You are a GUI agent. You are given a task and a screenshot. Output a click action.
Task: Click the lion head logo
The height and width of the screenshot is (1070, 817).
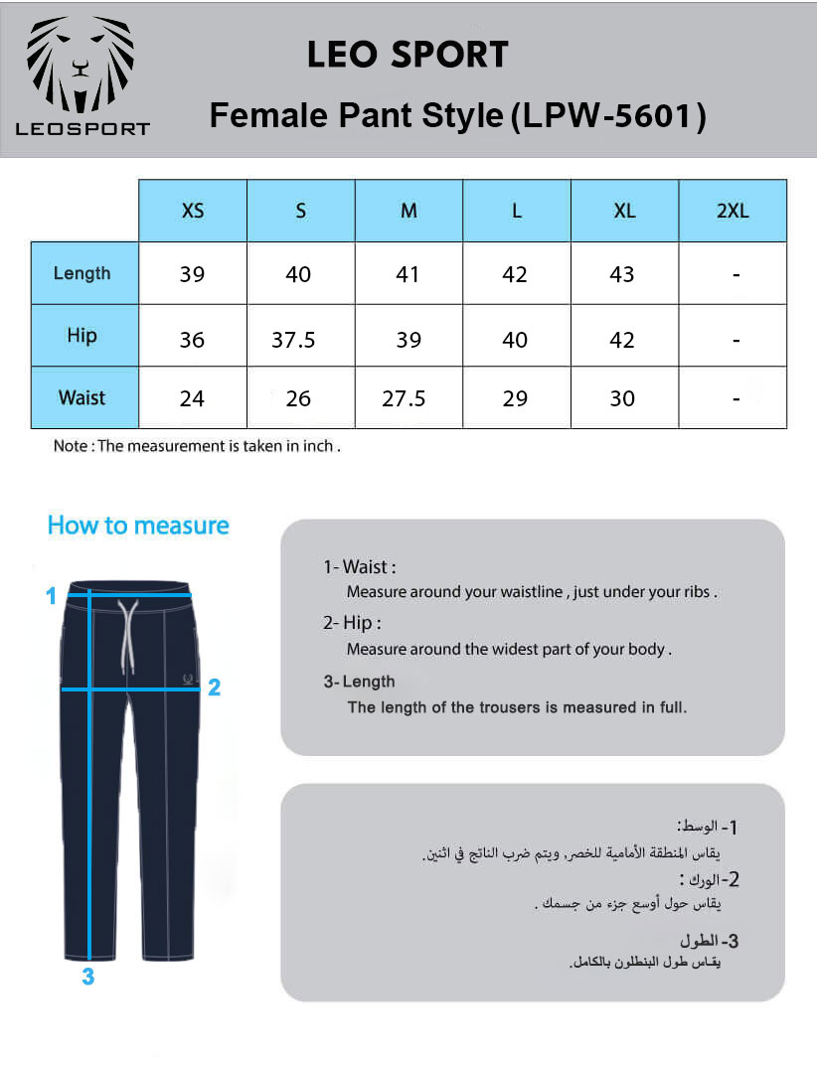pyautogui.click(x=82, y=66)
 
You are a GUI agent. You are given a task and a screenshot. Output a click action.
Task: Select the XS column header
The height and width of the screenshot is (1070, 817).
pyautogui.click(x=193, y=211)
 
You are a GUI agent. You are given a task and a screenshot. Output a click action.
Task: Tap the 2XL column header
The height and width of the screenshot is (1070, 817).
pyautogui.click(x=733, y=211)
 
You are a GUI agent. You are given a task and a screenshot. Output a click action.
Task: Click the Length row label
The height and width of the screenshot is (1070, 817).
pyautogui.click(x=82, y=273)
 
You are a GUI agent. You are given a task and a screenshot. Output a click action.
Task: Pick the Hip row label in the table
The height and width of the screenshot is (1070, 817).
pyautogui.click(x=82, y=335)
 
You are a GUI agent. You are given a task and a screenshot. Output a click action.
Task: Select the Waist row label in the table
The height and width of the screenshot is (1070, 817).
pyautogui.click(x=82, y=397)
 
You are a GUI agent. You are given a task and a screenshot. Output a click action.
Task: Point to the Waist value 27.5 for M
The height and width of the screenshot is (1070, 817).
pyautogui.click(x=404, y=398)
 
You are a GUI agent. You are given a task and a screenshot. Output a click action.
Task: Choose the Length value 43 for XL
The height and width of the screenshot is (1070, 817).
pyautogui.click(x=622, y=274)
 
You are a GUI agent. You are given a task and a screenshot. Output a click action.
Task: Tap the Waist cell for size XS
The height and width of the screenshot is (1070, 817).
pyautogui.click(x=192, y=398)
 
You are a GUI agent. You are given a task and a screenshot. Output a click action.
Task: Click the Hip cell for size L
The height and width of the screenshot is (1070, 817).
pyautogui.click(x=515, y=340)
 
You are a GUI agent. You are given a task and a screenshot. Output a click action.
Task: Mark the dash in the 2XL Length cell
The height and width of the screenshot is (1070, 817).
pyautogui.click(x=735, y=275)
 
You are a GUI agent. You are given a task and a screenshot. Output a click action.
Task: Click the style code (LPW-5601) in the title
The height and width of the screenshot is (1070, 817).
pyautogui.click(x=607, y=117)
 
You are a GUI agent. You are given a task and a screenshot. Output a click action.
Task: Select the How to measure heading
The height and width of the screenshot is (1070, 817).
pyautogui.click(x=138, y=526)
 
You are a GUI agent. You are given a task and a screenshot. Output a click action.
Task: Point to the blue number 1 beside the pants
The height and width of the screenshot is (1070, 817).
pyautogui.click(x=51, y=596)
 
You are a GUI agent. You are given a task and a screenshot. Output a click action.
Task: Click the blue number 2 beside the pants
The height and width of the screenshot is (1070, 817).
pyautogui.click(x=214, y=687)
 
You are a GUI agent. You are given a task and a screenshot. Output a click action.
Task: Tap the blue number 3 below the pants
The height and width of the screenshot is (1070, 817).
pyautogui.click(x=88, y=977)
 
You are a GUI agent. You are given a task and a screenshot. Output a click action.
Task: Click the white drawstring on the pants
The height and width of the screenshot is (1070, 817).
pyautogui.click(x=126, y=636)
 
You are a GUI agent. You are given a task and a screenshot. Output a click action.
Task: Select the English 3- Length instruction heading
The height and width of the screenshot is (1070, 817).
pyautogui.click(x=359, y=682)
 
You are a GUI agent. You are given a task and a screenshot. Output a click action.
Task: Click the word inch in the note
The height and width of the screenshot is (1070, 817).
pyautogui.click(x=318, y=446)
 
